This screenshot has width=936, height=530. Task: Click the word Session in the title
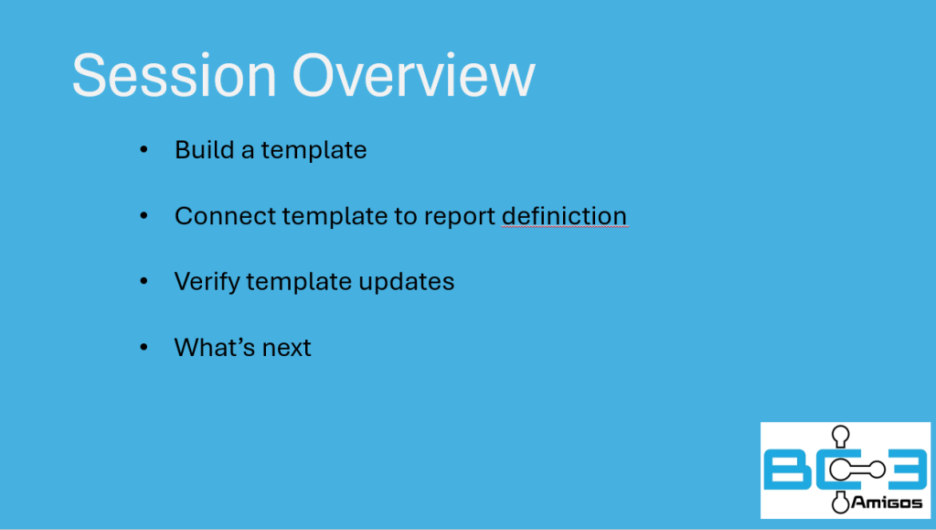click(175, 75)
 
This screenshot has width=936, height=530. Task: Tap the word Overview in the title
click(414, 75)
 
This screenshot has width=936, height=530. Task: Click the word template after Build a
click(314, 150)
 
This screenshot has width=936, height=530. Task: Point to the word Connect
click(225, 216)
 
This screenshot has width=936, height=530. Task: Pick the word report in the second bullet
click(460, 218)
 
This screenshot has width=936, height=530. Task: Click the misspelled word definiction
click(564, 216)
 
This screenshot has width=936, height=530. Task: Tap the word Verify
click(207, 282)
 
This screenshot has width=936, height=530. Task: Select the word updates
click(407, 282)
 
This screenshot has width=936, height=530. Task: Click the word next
click(286, 349)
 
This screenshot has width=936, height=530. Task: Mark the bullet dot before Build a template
click(144, 149)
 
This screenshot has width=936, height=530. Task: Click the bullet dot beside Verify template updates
click(144, 281)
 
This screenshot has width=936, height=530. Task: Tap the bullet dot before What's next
click(144, 347)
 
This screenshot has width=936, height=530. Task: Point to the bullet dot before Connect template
click(144, 215)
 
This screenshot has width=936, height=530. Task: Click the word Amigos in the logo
click(887, 503)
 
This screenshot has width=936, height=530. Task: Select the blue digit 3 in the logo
click(906, 471)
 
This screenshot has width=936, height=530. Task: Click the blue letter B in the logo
click(787, 471)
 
